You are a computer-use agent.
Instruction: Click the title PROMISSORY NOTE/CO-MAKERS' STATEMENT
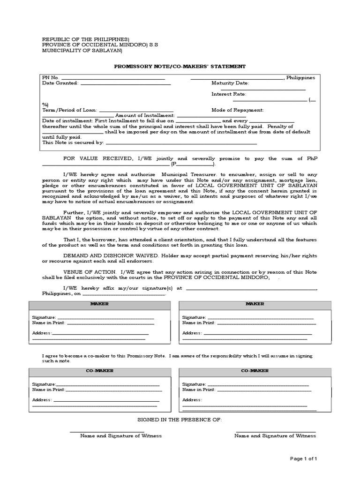tap(180, 67)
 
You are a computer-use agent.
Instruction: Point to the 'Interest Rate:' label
tap(228, 94)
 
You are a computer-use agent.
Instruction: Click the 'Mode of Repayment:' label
tap(237, 110)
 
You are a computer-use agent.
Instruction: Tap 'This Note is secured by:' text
tap(73, 142)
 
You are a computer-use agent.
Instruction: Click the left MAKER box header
tap(99, 304)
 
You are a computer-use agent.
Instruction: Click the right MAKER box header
tap(255, 304)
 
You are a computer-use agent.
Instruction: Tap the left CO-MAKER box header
tap(99, 371)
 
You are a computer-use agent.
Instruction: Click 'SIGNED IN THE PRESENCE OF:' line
tap(180, 419)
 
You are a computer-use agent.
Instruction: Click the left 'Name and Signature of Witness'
tap(121, 435)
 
